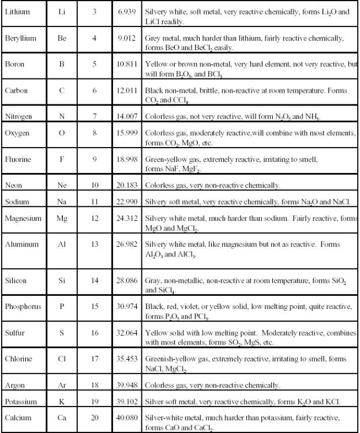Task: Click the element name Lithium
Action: point(18,12)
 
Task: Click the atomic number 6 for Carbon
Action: point(95,91)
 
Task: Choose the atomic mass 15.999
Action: point(126,133)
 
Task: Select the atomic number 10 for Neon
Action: point(95,185)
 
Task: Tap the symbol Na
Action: point(62,202)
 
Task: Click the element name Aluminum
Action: point(22,244)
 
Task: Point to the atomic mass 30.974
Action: point(126,306)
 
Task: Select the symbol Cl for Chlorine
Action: point(62,358)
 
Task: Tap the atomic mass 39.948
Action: point(126,385)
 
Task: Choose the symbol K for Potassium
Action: point(62,401)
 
